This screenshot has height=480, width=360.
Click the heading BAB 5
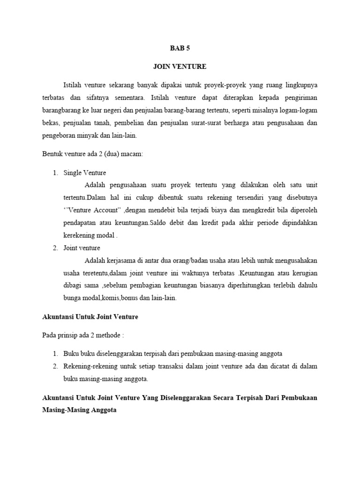pos(180,48)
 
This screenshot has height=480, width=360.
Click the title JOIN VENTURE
pos(180,67)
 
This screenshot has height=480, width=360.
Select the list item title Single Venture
pos(85,172)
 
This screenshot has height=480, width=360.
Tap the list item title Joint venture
pos(82,247)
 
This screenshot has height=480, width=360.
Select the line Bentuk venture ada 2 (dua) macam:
pos(92,154)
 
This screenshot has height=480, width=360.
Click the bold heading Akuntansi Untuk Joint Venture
pos(90,317)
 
